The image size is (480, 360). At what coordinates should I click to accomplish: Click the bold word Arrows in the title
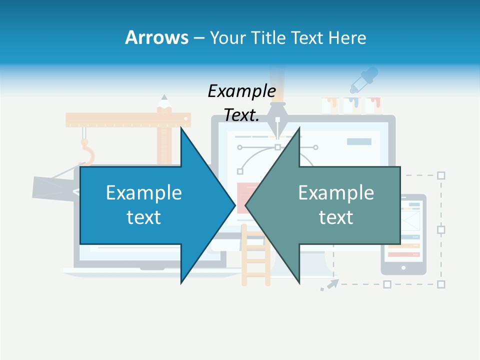pyautogui.click(x=156, y=37)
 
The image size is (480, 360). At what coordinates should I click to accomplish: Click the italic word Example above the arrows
pyautogui.click(x=241, y=91)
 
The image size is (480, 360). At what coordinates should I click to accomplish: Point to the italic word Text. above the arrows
pyautogui.click(x=241, y=115)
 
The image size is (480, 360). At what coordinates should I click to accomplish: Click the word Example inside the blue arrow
pyautogui.click(x=144, y=192)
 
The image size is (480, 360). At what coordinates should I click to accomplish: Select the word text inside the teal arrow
pyautogui.click(x=336, y=217)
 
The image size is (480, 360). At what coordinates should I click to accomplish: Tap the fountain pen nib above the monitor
pyautogui.click(x=276, y=120)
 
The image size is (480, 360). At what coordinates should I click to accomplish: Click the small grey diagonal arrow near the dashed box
pyautogui.click(x=329, y=284)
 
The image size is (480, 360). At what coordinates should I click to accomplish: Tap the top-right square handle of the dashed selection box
pyautogui.click(x=441, y=175)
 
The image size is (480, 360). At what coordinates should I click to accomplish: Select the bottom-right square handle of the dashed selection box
pyautogui.click(x=441, y=284)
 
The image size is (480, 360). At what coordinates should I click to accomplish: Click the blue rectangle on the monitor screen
pyautogui.click(x=359, y=141)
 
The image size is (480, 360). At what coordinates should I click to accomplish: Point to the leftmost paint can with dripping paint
pyautogui.click(x=330, y=105)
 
